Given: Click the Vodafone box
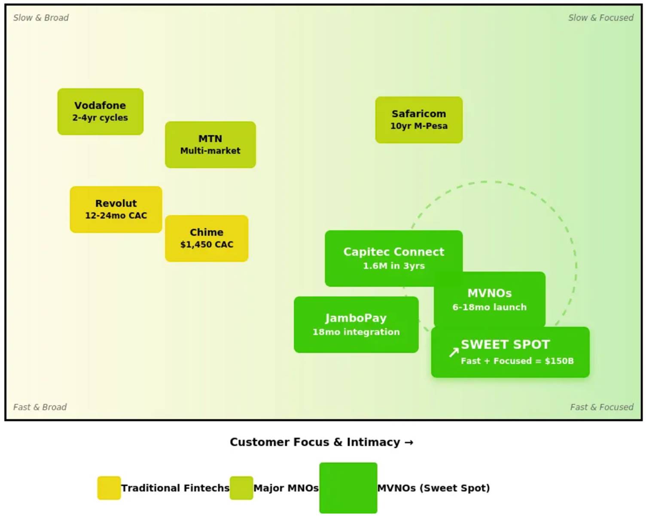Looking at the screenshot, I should pos(100,112).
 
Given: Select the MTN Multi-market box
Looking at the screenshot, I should pos(210,145).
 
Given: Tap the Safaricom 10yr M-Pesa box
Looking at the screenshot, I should pos(419,120).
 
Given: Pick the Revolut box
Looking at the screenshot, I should pos(116,210).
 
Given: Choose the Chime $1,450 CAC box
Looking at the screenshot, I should pos(207,238).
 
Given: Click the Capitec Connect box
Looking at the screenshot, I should pos(393,258).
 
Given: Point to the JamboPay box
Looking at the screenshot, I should pos(356,325).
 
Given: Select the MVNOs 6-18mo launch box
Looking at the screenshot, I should pos(489,299).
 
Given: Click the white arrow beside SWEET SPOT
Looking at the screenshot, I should pos(454,353).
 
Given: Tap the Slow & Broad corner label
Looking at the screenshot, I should pos(41,18).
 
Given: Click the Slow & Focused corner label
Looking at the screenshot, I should pos(600,18).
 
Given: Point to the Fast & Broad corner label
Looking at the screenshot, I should pos(40,407).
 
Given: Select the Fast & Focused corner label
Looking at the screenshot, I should pos(601,407).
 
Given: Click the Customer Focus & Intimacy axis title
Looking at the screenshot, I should pos(321,442).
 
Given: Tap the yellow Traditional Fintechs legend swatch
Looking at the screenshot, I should pos(109,488).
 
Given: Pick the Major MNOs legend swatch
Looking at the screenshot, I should pos(241,488).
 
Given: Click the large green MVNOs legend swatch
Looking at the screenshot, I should pos(348,488).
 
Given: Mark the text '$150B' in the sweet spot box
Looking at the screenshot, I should pos(559,361).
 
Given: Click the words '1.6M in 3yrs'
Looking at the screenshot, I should pos(394,266).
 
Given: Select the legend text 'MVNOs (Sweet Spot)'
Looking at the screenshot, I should pos(433,488).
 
